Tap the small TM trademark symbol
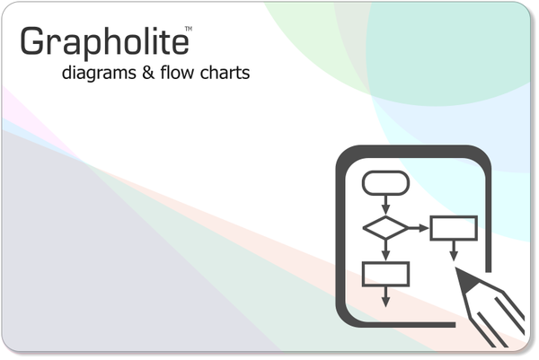pyautogui.click(x=188, y=30)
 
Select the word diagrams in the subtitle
pyautogui.click(x=98, y=73)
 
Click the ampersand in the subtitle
pyautogui.click(x=148, y=72)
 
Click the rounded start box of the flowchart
pyautogui.click(x=385, y=183)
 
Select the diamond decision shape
pyautogui.click(x=385, y=228)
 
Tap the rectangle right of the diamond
pyautogui.click(x=453, y=228)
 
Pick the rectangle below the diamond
pyautogui.click(x=385, y=273)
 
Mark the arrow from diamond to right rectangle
pyautogui.click(x=419, y=228)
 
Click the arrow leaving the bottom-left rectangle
pyautogui.click(x=385, y=295)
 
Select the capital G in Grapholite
pyautogui.click(x=32, y=41)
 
